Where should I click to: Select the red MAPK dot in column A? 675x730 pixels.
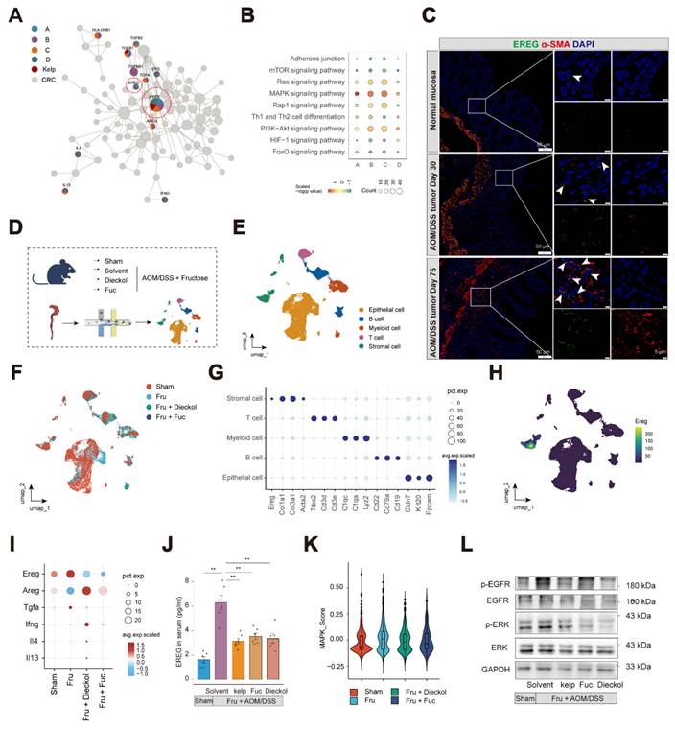coord(358,95)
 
